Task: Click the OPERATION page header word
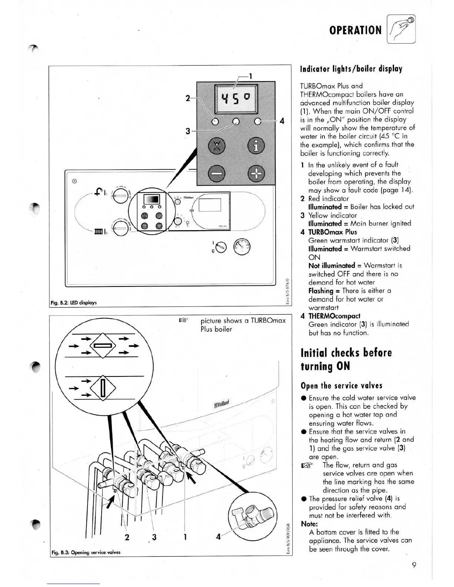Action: (x=355, y=30)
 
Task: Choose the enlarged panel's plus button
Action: (x=256, y=173)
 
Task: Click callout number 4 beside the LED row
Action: (x=282, y=121)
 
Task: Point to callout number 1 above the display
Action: (x=250, y=76)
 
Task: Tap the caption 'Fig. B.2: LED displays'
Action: (x=73, y=302)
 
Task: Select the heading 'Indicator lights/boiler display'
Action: (x=351, y=69)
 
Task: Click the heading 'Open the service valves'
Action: (x=341, y=385)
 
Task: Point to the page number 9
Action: (x=414, y=565)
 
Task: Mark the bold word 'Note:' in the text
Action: (x=309, y=524)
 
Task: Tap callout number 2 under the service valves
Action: (x=127, y=537)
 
